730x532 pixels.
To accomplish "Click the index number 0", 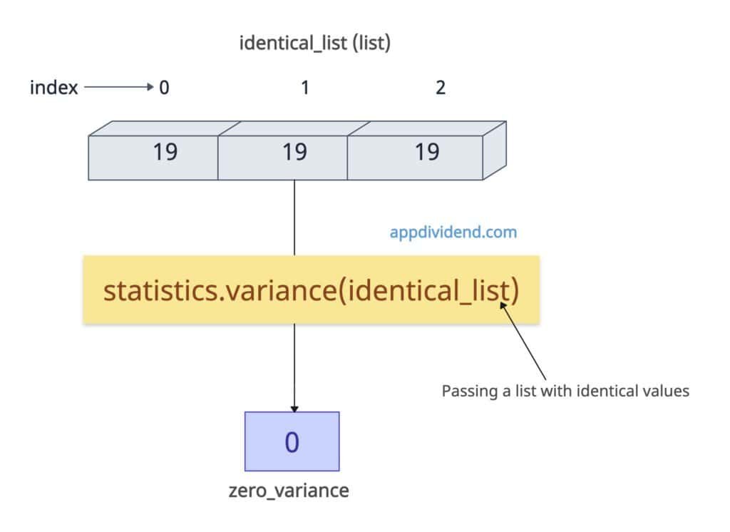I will coord(165,88).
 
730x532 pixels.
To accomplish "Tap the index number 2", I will coord(441,88).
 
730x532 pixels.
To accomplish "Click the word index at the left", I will coord(54,88).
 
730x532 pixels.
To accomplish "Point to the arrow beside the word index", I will coord(118,88).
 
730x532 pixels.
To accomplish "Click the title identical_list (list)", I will coord(314,44).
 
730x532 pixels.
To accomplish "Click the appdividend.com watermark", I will coord(453,232).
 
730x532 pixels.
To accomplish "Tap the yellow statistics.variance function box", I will coord(311,290).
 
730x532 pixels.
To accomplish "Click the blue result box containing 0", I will coord(292,441).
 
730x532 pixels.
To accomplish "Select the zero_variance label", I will coord(289,491).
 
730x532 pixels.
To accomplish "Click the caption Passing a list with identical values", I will coord(565,391).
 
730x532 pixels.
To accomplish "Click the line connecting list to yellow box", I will coord(294,218).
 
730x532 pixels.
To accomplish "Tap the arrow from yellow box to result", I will coord(294,367).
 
